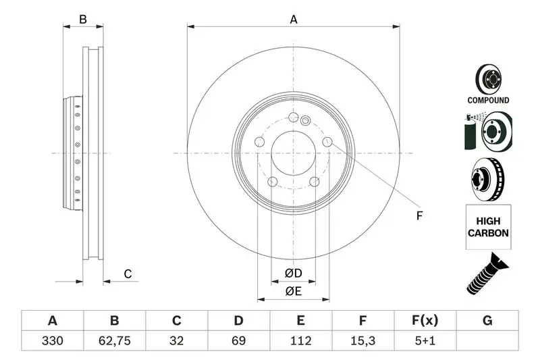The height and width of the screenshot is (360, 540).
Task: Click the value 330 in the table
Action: tap(53, 341)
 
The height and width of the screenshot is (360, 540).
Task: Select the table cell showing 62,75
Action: tap(115, 341)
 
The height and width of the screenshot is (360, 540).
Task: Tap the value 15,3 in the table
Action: tap(362, 341)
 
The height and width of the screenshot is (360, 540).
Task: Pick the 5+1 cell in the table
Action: tap(425, 341)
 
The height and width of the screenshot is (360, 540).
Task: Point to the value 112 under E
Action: tap(301, 341)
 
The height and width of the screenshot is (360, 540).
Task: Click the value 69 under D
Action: tap(239, 341)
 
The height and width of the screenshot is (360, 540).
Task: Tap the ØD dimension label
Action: tap(292, 273)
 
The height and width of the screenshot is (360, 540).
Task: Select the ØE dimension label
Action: tap(292, 291)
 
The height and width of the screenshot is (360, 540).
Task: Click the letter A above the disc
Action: tap(294, 20)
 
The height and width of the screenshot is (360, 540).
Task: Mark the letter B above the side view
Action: tap(83, 20)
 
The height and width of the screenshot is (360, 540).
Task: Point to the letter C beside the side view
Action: tap(127, 274)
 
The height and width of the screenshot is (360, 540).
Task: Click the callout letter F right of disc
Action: tap(418, 216)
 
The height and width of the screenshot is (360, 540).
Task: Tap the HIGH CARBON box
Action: tap(488, 226)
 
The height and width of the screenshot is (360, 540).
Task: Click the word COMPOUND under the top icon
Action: tap(488, 100)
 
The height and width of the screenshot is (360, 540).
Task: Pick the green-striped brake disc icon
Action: tap(487, 132)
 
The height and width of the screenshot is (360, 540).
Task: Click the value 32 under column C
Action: tap(177, 341)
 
